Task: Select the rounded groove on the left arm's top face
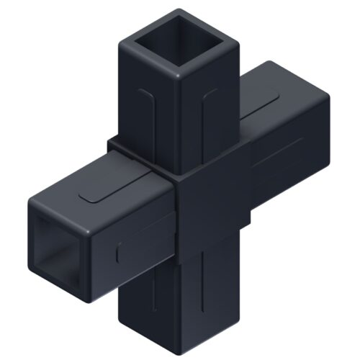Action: tap(115, 189)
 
